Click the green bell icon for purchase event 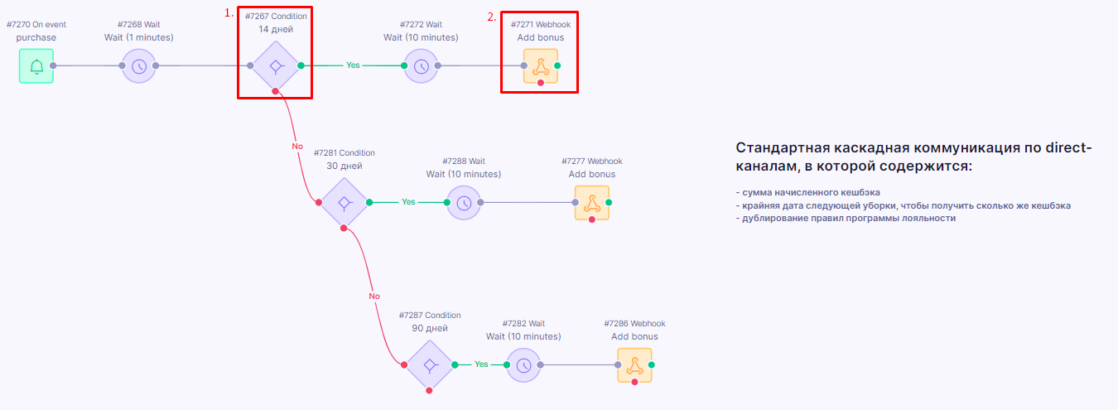coord(36,66)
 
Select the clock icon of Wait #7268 coord(139,66)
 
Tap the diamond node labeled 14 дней coord(276,66)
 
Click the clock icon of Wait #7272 coord(422,66)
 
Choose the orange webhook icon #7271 coord(541,66)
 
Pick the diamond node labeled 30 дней coord(344,203)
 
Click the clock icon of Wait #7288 coord(464,203)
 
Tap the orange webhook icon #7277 coord(592,203)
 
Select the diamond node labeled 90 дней coord(429,365)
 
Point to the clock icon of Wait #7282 coord(523,365)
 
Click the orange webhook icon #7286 coord(634,365)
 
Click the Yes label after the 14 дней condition coord(353,65)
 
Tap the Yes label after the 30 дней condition coord(408,202)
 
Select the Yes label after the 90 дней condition coord(481,364)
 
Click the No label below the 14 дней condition coord(297,147)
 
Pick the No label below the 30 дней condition coord(374,297)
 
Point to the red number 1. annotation coord(229,13)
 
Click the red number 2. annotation coord(492,17)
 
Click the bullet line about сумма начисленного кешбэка coord(808,192)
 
